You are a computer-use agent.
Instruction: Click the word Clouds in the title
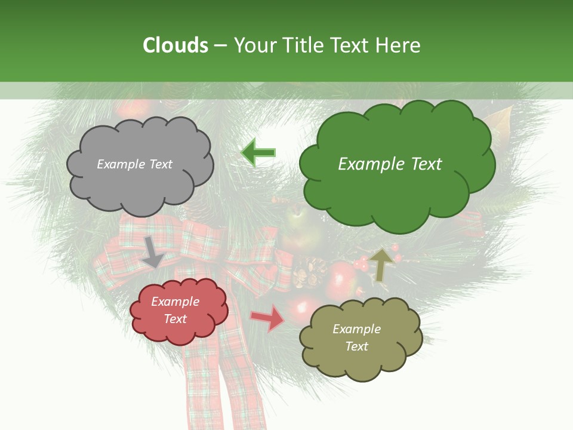[175, 45]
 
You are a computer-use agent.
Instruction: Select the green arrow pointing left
[258, 152]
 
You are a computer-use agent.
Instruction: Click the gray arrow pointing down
[153, 251]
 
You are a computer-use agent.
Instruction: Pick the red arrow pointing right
[268, 318]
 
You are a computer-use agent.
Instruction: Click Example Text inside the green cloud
[390, 164]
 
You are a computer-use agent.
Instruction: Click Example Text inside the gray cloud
[134, 164]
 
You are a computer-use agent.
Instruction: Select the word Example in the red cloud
[175, 302]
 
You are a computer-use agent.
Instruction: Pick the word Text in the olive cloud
[356, 346]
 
